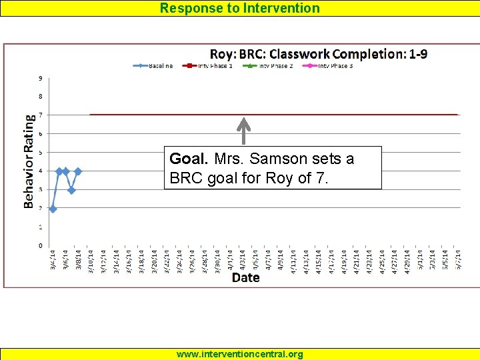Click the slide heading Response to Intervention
coord(240,8)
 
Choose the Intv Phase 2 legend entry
coord(270,66)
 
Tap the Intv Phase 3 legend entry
coord(329,66)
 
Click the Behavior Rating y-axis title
coord(29,162)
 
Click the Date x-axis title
coord(245,277)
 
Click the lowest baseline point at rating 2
coord(53,209)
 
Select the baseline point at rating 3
coord(71,190)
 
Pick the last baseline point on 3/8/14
coord(78,171)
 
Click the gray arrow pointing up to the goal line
coord(244,131)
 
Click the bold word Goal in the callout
coord(189,159)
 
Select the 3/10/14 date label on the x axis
coord(91,259)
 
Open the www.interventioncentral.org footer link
coord(240,354)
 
